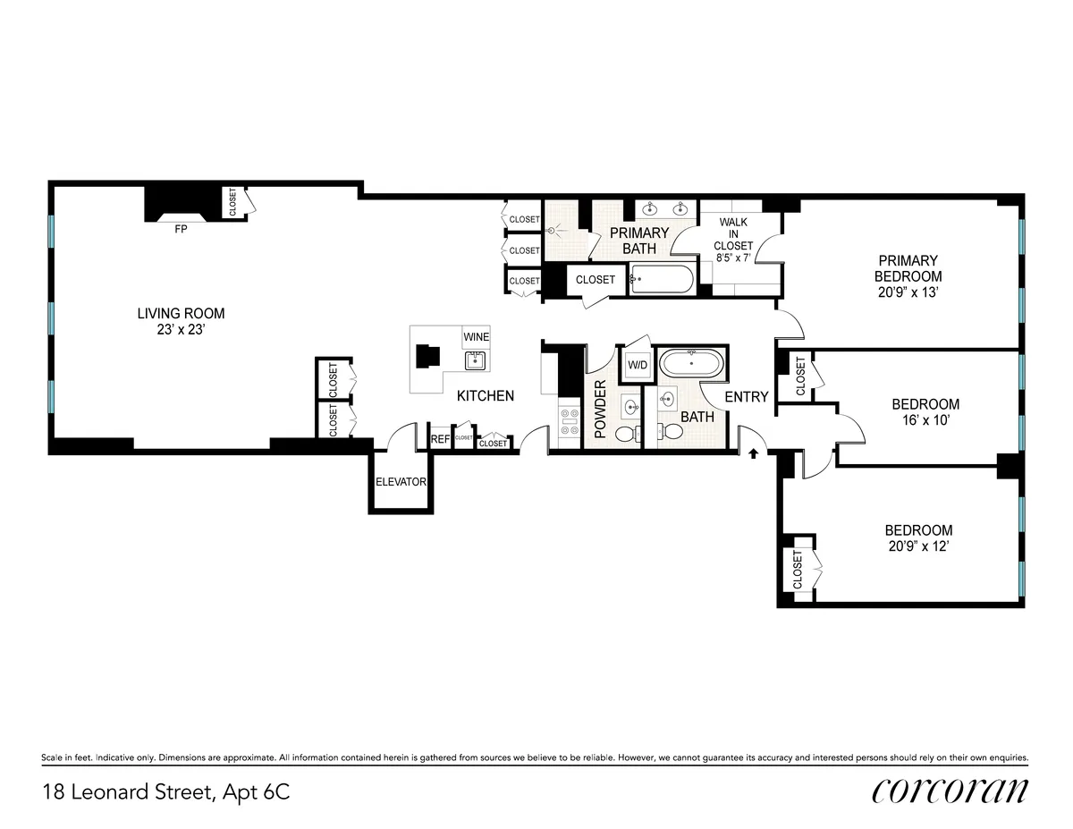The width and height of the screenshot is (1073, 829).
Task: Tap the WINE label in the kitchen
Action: pyautogui.click(x=476, y=337)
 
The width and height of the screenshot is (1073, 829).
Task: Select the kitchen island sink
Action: pyautogui.click(x=475, y=360)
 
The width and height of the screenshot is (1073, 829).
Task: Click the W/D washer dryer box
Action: pyautogui.click(x=638, y=365)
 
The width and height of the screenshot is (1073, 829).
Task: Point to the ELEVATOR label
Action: pyautogui.click(x=401, y=482)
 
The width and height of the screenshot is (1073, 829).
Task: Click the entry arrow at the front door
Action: pyautogui.click(x=753, y=453)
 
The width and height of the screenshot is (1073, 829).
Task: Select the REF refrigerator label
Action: pyautogui.click(x=441, y=439)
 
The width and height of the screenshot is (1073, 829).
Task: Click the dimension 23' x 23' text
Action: pyautogui.click(x=181, y=329)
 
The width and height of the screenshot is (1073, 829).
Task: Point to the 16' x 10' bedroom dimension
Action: pyautogui.click(x=925, y=421)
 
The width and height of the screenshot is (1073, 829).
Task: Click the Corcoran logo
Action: pyautogui.click(x=949, y=791)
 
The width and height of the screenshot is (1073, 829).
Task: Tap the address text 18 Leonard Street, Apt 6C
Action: pyautogui.click(x=166, y=791)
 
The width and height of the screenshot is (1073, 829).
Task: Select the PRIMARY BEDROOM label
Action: pyautogui.click(x=908, y=268)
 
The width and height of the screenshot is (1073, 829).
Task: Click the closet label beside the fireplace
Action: pyautogui.click(x=233, y=202)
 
